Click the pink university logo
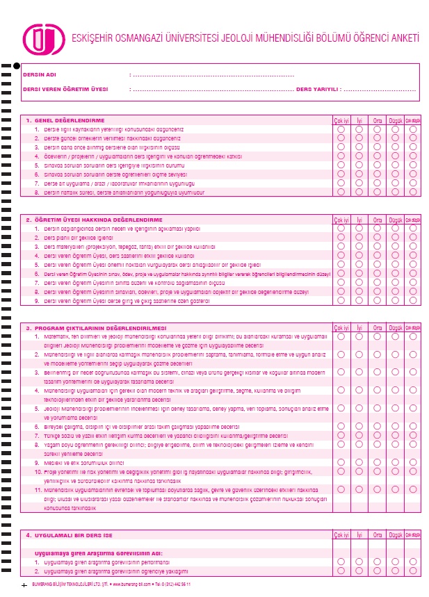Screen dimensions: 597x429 coord(40,39)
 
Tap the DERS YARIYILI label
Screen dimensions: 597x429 coord(317,90)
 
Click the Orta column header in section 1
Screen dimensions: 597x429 coord(378,120)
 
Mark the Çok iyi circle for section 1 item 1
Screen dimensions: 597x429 coord(341,129)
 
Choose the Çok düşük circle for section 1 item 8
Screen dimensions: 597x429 coord(413,192)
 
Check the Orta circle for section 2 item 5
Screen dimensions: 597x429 coord(378,265)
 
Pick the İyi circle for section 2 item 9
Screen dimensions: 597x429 coord(359,302)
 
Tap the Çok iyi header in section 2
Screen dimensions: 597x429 coord(341,220)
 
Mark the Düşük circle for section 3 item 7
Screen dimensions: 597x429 coord(396,435)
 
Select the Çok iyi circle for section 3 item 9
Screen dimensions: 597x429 coord(341,461)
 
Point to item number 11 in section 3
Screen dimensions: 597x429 coord(38,490)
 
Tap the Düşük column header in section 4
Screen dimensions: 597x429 coord(396,535)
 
